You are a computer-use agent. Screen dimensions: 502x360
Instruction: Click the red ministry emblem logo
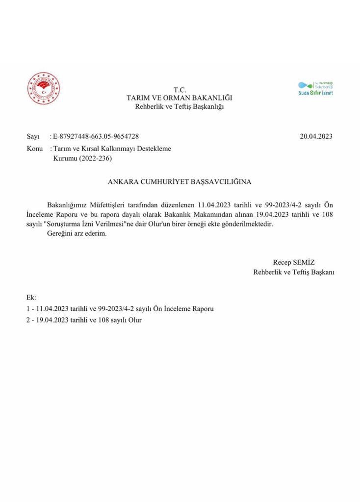pyautogui.click(x=44, y=90)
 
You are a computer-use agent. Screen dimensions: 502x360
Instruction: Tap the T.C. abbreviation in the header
pyautogui.click(x=180, y=90)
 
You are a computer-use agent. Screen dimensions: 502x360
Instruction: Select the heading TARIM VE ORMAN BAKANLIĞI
pyautogui.click(x=180, y=98)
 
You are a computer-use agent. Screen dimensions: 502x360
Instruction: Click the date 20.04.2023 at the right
pyautogui.click(x=316, y=136)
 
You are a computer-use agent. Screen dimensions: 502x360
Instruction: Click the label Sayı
pyautogui.click(x=33, y=136)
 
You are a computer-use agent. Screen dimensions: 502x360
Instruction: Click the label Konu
pyautogui.click(x=34, y=149)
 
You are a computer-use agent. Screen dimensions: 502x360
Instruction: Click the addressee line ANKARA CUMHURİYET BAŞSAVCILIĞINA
pyautogui.click(x=180, y=181)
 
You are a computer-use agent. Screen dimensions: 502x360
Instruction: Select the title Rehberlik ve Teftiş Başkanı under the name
pyautogui.click(x=293, y=272)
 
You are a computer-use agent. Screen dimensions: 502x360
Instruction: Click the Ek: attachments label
pyautogui.click(x=31, y=298)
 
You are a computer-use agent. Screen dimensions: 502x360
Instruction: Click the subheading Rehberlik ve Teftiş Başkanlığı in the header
pyautogui.click(x=180, y=107)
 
